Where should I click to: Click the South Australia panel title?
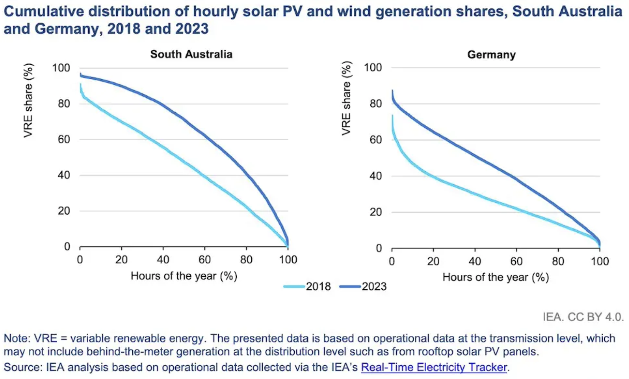pos(191,54)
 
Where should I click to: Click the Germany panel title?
pos(491,55)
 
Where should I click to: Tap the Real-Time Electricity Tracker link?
pos(434,367)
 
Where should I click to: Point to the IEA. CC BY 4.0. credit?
pos(583,317)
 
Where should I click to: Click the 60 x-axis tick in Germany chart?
pos(516,261)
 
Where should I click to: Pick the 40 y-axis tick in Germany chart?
pos(376,176)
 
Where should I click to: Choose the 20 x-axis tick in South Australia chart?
pos(121,259)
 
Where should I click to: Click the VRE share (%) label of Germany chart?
pos(346,98)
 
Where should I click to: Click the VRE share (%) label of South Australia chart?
pos(28,101)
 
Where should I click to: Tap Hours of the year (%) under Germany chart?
pos(495,277)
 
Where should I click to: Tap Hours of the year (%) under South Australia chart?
pos(184,276)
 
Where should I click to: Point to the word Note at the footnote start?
pos(16,338)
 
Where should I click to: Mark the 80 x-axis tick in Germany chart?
pos(558,261)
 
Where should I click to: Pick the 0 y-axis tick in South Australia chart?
pos(67,246)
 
